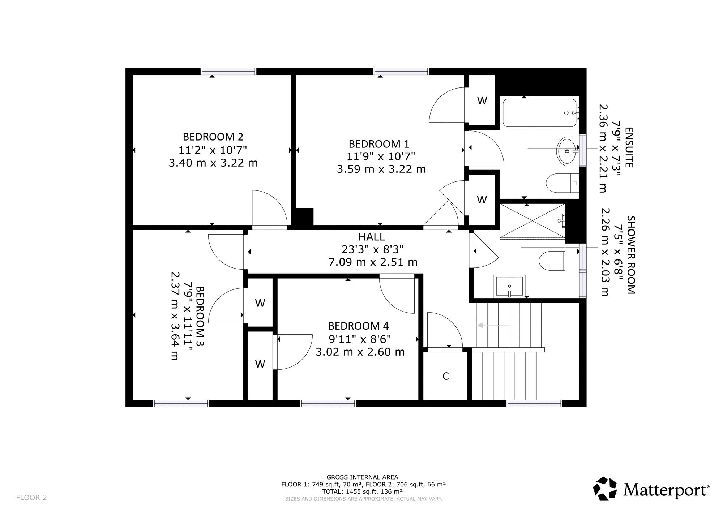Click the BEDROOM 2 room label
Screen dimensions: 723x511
point(213,137)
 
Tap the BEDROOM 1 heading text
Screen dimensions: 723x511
point(379,144)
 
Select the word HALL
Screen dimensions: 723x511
point(372,237)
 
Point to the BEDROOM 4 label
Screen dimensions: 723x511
point(358,326)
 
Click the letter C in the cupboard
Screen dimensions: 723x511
point(446,376)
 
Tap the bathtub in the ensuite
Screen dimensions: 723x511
point(540,113)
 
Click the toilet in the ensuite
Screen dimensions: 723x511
point(562,183)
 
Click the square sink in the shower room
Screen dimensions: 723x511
point(509,286)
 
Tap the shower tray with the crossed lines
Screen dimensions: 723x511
point(532,221)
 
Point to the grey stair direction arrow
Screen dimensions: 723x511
point(493,325)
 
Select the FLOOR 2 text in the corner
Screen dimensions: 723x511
point(31,498)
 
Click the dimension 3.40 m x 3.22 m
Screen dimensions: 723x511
point(213,163)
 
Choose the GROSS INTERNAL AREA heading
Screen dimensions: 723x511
point(362,477)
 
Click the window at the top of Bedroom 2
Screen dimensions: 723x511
point(228,71)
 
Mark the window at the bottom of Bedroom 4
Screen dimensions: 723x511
point(328,403)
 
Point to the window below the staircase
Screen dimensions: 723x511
point(534,403)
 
